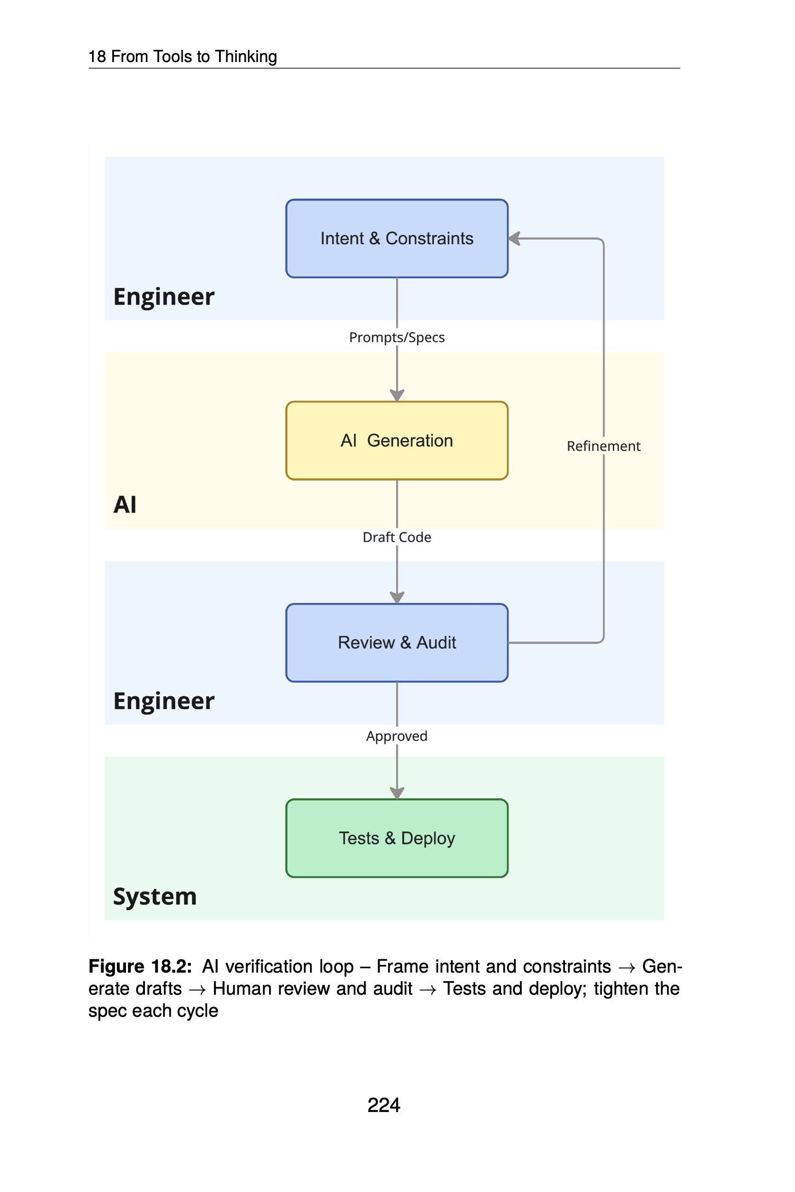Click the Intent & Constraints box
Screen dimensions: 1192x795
click(397, 238)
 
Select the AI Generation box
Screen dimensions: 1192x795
click(397, 441)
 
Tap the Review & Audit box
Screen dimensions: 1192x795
click(397, 642)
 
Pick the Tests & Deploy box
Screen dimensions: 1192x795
click(397, 838)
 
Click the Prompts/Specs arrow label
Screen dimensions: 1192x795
click(397, 338)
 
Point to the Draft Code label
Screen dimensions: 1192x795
click(397, 537)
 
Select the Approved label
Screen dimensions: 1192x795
click(397, 736)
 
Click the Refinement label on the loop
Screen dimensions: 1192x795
click(603, 446)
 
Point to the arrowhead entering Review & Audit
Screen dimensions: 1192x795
click(397, 597)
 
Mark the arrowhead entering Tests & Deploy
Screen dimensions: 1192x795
click(397, 793)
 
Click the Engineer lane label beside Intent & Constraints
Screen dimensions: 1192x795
click(164, 297)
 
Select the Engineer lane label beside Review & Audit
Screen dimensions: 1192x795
click(164, 701)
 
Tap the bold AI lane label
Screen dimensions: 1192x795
click(125, 505)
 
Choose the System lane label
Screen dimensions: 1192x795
click(155, 897)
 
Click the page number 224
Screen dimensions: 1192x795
click(384, 1105)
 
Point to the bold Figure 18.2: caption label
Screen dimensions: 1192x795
click(140, 967)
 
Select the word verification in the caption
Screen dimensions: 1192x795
click(289, 967)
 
